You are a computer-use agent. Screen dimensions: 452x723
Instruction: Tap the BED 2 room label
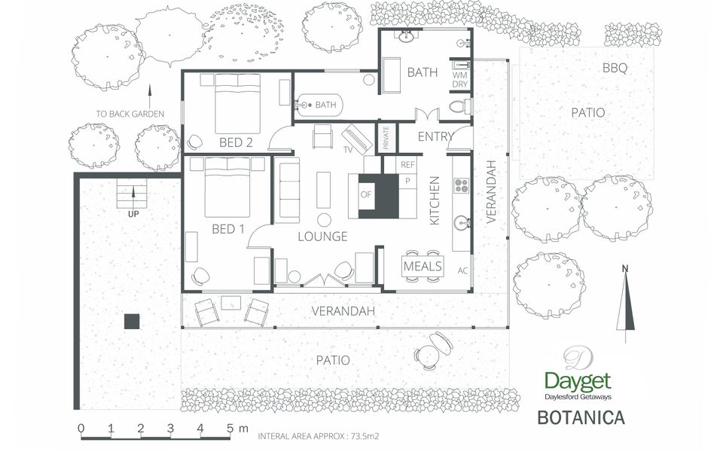pos(236,142)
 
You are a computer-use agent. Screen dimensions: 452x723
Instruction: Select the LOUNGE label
pos(322,237)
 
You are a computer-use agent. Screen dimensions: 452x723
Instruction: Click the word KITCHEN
pos(435,201)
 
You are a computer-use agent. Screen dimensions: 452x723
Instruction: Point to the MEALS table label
pos(423,267)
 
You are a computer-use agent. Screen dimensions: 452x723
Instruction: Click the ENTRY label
pos(435,136)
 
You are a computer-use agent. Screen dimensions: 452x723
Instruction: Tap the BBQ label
pos(615,68)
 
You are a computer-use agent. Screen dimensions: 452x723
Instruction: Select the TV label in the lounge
pos(348,151)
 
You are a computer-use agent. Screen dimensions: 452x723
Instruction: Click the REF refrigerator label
pos(407,164)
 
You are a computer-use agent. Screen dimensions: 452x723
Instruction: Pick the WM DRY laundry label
pos(459,79)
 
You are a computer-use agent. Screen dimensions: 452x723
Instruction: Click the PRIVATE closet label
pos(386,139)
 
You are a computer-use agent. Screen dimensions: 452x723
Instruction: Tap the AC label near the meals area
pos(463,271)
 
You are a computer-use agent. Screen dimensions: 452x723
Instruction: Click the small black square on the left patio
pos(132,321)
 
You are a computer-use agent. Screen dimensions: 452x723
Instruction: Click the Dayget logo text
pos(578,381)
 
